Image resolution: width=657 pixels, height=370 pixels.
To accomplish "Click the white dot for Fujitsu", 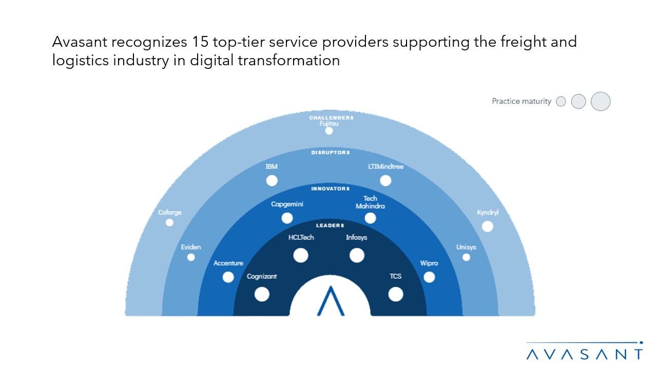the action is [329, 131].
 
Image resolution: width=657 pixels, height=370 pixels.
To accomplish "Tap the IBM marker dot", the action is [272, 180].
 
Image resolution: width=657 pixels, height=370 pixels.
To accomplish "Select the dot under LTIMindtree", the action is [385, 180].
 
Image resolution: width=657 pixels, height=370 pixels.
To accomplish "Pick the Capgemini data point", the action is [287, 218].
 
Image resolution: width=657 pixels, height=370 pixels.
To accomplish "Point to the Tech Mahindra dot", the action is [370, 218].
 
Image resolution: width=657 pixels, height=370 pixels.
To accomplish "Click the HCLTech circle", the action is [301, 255].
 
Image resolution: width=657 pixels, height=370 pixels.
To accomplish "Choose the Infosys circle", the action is [357, 255].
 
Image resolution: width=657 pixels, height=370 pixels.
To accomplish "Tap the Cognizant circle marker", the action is [262, 294].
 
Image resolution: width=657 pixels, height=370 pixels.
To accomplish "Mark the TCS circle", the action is [396, 294].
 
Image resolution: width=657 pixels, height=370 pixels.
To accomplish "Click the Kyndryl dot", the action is [488, 227].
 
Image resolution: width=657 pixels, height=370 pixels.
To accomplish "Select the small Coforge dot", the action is [169, 223].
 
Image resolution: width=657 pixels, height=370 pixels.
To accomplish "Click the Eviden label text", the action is [190, 247].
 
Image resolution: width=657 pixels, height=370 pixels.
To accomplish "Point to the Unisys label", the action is [466, 247].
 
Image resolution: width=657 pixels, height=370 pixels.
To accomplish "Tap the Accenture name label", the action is [228, 263].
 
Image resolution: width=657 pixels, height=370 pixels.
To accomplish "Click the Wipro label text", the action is [429, 263].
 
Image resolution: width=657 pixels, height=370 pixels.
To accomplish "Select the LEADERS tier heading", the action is [330, 226].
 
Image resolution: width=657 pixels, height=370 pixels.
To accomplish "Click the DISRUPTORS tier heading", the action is [331, 153].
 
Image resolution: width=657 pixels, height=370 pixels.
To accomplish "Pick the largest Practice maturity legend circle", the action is [601, 101].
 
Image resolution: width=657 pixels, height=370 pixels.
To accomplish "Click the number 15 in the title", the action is [200, 42].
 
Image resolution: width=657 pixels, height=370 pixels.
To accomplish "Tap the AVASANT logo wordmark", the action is [585, 355].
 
